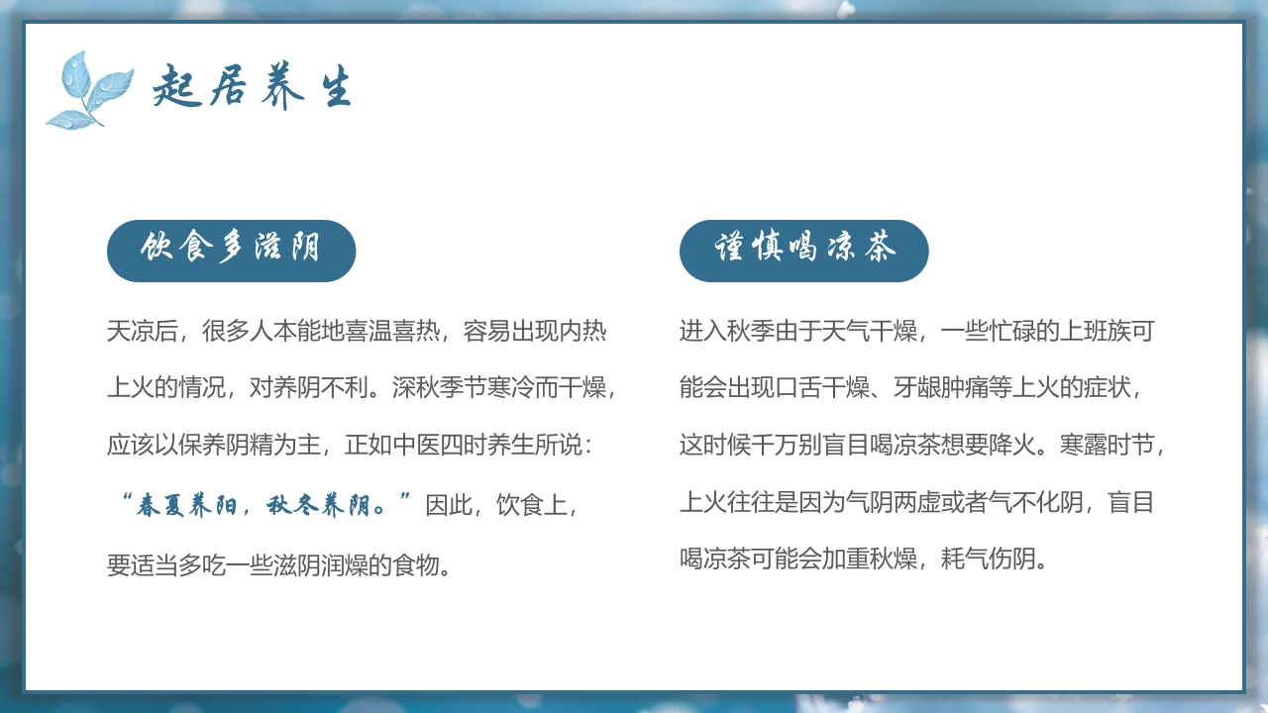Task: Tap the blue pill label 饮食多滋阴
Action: pos(231,250)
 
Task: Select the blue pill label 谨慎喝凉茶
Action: pos(803,250)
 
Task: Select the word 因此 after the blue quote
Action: pos(449,506)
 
